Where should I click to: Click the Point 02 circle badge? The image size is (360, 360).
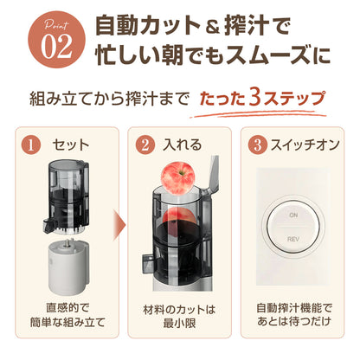pos(57,40)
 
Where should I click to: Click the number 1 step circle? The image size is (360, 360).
pos(30,145)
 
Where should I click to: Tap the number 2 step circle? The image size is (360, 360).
pos(145,145)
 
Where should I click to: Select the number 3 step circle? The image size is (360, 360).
pos(258,145)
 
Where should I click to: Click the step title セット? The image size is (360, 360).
pos(71,145)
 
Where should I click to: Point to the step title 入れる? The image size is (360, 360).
pos(183,145)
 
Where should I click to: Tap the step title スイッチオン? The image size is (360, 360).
pos(305,145)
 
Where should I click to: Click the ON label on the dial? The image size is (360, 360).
pos(293,215)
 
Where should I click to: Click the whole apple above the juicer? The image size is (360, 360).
pos(177,177)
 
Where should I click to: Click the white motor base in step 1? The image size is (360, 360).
pos(67,266)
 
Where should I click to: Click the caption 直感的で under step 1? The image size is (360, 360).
pos(67,308)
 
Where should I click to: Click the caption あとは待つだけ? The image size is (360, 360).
pos(293,321)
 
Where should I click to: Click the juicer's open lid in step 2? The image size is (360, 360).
pos(212,174)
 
